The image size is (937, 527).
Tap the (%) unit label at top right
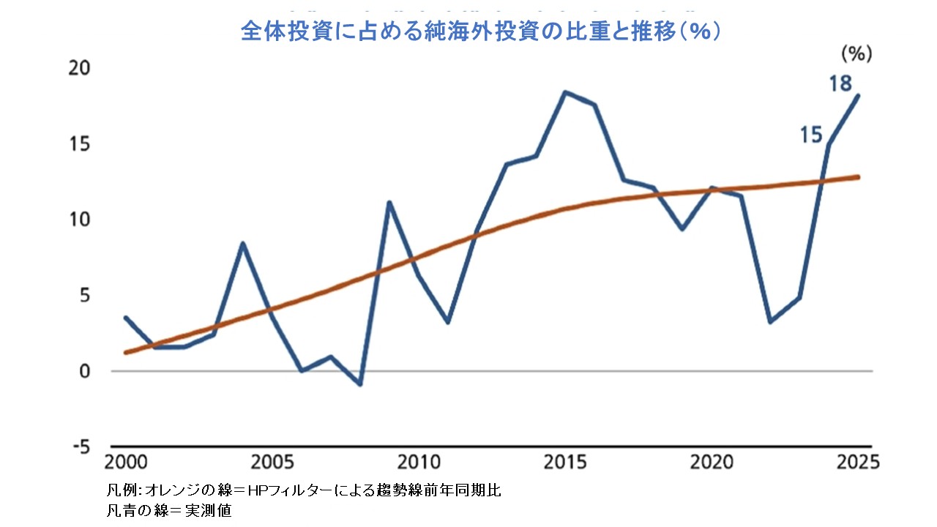click(856, 53)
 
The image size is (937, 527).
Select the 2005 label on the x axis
click(272, 463)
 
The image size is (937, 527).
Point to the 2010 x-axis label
click(418, 463)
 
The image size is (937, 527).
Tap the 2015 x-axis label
click(564, 463)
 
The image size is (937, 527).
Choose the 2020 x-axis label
click(711, 463)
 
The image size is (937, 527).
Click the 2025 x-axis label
click(856, 463)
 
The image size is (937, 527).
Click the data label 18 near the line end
click(840, 83)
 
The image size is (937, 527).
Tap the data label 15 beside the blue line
click(811, 135)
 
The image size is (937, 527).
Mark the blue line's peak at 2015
click(564, 92)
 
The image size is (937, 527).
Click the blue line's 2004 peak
click(243, 243)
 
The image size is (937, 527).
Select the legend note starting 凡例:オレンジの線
click(304, 490)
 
